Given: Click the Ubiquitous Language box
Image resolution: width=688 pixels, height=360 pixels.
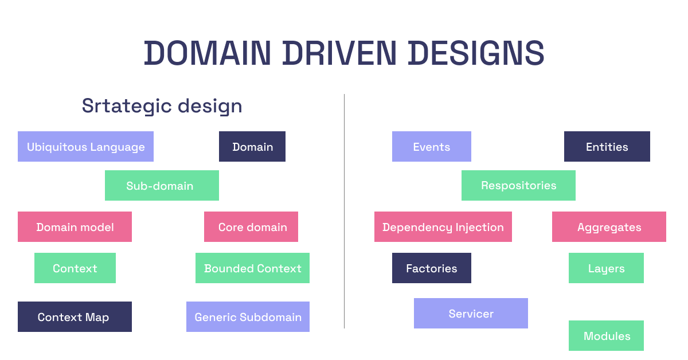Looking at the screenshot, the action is [x=85, y=147].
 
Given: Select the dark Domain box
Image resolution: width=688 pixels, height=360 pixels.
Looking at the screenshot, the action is [x=252, y=147].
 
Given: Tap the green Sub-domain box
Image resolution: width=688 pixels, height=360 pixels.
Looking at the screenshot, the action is [x=162, y=186].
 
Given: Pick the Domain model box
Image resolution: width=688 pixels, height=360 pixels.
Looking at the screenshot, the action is [x=75, y=226].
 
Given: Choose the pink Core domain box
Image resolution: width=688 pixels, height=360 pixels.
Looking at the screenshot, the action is [x=251, y=226].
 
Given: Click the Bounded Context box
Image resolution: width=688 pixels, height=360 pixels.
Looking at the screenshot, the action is [x=252, y=268].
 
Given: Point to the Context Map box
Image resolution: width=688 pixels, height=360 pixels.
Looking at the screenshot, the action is [x=75, y=316].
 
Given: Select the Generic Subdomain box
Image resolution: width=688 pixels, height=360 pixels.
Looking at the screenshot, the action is [x=248, y=316].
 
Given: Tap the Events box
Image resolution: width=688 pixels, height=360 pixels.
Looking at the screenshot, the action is [x=432, y=147].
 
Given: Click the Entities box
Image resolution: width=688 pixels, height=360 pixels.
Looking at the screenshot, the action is [x=607, y=147].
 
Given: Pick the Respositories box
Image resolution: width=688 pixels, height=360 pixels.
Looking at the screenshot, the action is [x=518, y=186].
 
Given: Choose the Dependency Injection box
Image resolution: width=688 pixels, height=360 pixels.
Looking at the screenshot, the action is [x=443, y=226].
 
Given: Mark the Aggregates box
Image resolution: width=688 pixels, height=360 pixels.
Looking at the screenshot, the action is [x=609, y=226].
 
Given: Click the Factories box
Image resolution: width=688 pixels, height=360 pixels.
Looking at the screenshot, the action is [x=432, y=268].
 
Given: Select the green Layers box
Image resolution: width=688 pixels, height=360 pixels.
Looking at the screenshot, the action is [x=606, y=268].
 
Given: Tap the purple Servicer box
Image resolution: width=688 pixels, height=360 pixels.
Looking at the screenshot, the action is [x=471, y=314].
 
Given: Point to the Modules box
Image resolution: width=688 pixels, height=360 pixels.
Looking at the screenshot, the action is [x=606, y=336].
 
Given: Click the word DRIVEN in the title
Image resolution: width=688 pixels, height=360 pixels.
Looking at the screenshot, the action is [x=339, y=53].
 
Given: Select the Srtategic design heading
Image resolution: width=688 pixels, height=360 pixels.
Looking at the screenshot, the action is [x=162, y=106].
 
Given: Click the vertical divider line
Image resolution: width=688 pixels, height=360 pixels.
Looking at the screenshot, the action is [x=345, y=212].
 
